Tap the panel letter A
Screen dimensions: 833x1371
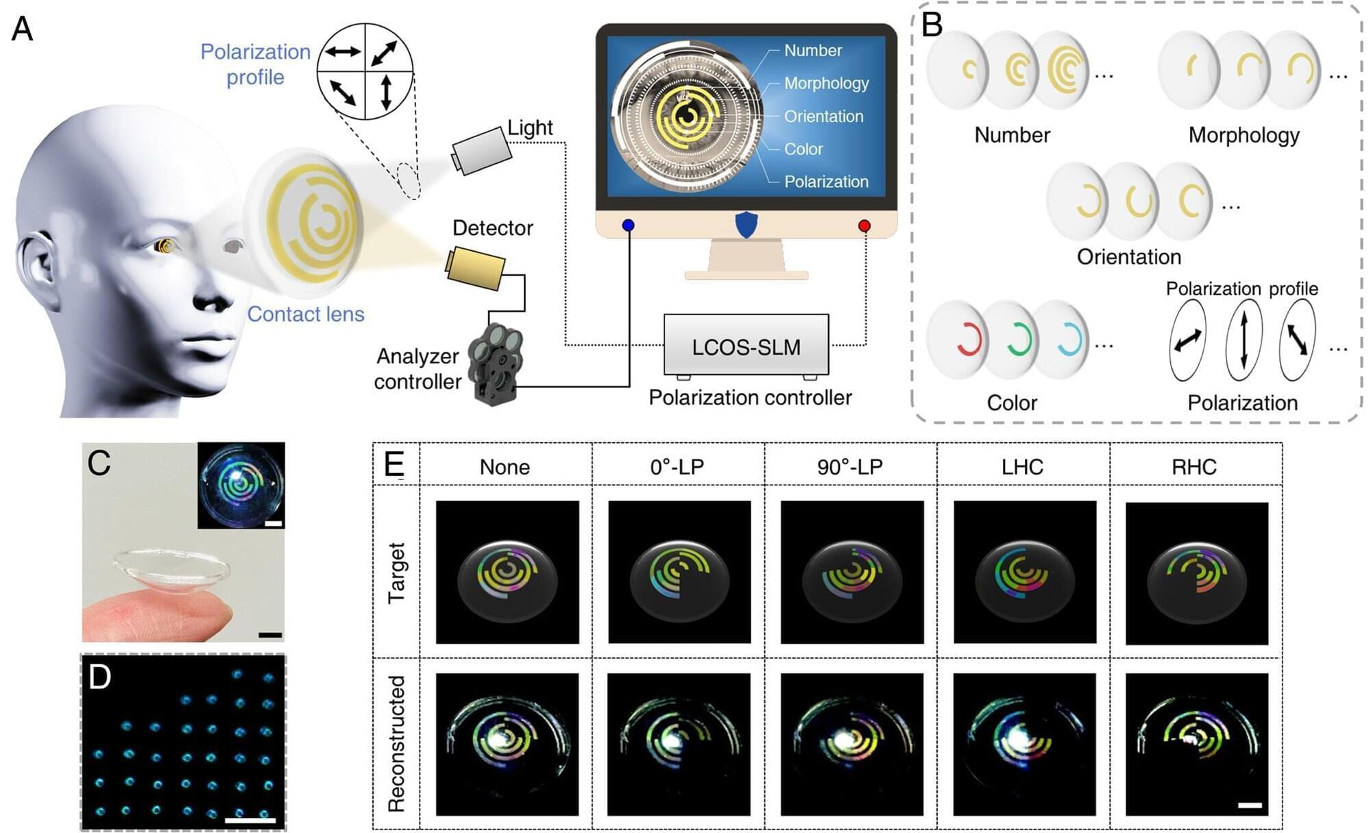click(23, 29)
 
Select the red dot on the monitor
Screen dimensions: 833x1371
click(864, 226)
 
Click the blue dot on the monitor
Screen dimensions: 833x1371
click(628, 225)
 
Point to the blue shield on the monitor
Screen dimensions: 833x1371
click(746, 224)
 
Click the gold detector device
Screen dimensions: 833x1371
click(476, 268)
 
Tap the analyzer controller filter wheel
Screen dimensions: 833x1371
click(496, 363)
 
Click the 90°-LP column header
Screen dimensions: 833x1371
click(850, 467)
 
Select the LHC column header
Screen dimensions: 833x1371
click(1022, 467)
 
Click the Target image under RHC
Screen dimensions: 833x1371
click(1197, 573)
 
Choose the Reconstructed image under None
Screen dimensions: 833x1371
click(507, 744)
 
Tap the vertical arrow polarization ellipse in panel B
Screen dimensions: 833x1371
click(1243, 340)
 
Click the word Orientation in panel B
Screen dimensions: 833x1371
click(1128, 257)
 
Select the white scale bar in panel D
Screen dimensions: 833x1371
click(250, 819)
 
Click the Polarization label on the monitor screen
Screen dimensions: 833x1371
click(826, 182)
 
